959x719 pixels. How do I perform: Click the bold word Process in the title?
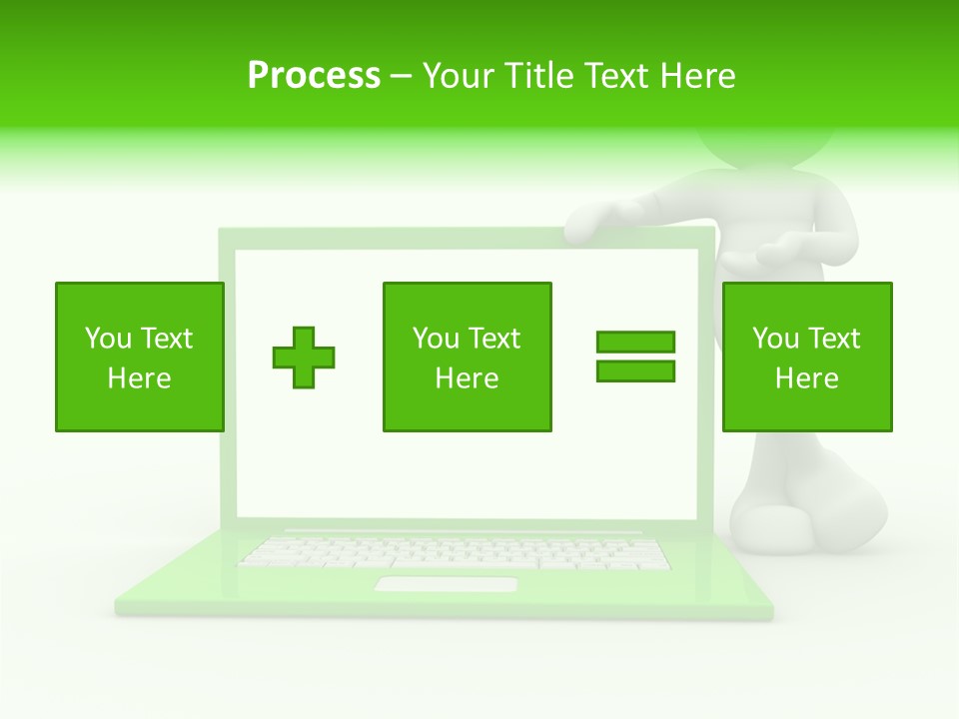(314, 75)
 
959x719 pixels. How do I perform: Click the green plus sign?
(304, 358)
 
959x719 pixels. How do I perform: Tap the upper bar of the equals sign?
(635, 342)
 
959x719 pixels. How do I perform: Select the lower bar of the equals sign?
(635, 370)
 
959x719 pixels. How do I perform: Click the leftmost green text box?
(139, 357)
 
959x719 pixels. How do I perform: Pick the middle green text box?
(467, 357)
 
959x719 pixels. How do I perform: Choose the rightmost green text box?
(806, 357)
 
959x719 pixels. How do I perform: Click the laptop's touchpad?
(446, 584)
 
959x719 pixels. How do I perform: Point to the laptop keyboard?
(455, 552)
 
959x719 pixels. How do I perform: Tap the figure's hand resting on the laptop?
(604, 216)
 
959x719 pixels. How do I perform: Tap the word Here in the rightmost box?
(806, 378)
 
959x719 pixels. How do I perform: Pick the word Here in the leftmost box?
(139, 378)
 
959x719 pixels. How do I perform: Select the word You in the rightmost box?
(775, 339)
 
